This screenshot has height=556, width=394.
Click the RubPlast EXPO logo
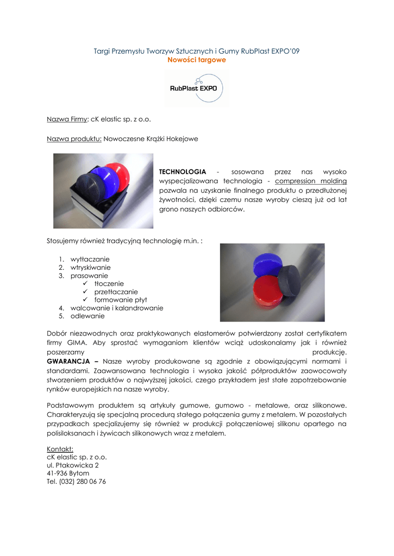click(x=197, y=87)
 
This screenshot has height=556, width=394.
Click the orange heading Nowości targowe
click(x=197, y=60)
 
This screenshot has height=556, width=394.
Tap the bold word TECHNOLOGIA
click(x=182, y=172)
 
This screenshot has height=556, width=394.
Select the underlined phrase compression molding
click(x=311, y=181)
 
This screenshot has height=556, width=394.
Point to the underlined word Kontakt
click(x=60, y=449)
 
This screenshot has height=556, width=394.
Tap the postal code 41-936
click(x=57, y=473)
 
